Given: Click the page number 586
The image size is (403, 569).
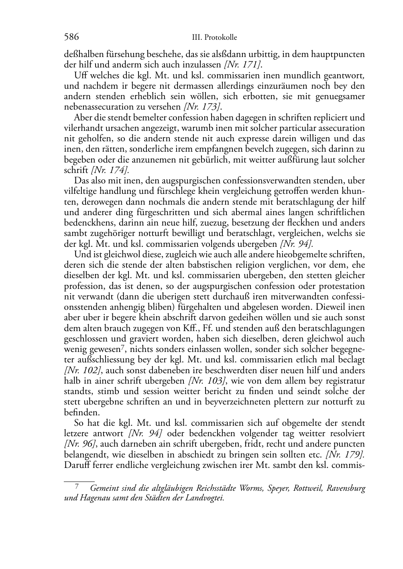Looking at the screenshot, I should pyautogui.click(x=71, y=37).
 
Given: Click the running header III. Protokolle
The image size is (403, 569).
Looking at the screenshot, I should pyautogui.click(x=215, y=38).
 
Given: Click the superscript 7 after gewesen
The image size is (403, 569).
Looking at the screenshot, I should pyautogui.click(x=122, y=347).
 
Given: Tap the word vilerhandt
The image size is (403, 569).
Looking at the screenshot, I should pyautogui.click(x=81, y=128).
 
